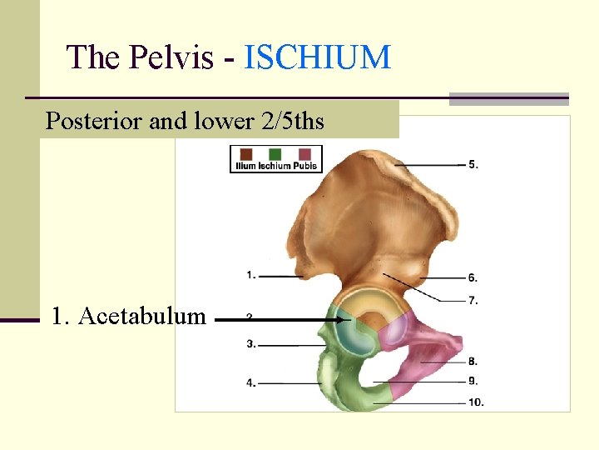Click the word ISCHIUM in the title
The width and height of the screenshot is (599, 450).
pyautogui.click(x=318, y=57)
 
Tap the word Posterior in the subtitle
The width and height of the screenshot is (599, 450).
pyautogui.click(x=93, y=122)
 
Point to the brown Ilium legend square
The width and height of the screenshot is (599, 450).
pyautogui.click(x=246, y=154)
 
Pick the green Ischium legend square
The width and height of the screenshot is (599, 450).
pyautogui.click(x=275, y=154)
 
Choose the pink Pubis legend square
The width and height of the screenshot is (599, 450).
pyautogui.click(x=304, y=154)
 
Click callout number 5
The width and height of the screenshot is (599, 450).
pyautogui.click(x=473, y=164)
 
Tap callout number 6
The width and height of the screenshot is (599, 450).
pyautogui.click(x=473, y=277)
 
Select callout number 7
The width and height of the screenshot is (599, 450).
pyautogui.click(x=473, y=300)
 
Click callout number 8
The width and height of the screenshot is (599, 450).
pyautogui.click(x=473, y=362)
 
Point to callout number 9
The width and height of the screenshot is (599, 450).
pyautogui.click(x=473, y=382)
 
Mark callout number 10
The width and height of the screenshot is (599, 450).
pyautogui.click(x=475, y=402)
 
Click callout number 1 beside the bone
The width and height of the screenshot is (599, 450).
pyautogui.click(x=250, y=274)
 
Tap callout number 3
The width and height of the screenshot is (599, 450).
pyautogui.click(x=250, y=343)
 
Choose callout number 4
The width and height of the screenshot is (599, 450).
pyautogui.click(x=250, y=383)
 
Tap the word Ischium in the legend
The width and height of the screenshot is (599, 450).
pyautogui.click(x=275, y=167)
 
